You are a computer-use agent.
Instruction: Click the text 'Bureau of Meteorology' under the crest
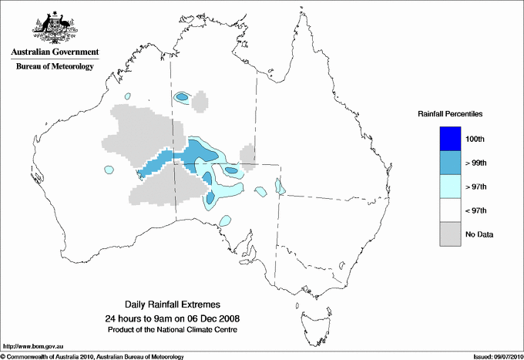point(54,66)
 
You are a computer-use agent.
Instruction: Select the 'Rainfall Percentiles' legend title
point(450,113)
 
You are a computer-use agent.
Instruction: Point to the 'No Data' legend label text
point(478,234)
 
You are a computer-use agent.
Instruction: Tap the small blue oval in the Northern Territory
point(183,97)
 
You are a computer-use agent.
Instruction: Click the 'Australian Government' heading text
point(54,52)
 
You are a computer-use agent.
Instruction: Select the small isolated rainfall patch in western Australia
point(107,169)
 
